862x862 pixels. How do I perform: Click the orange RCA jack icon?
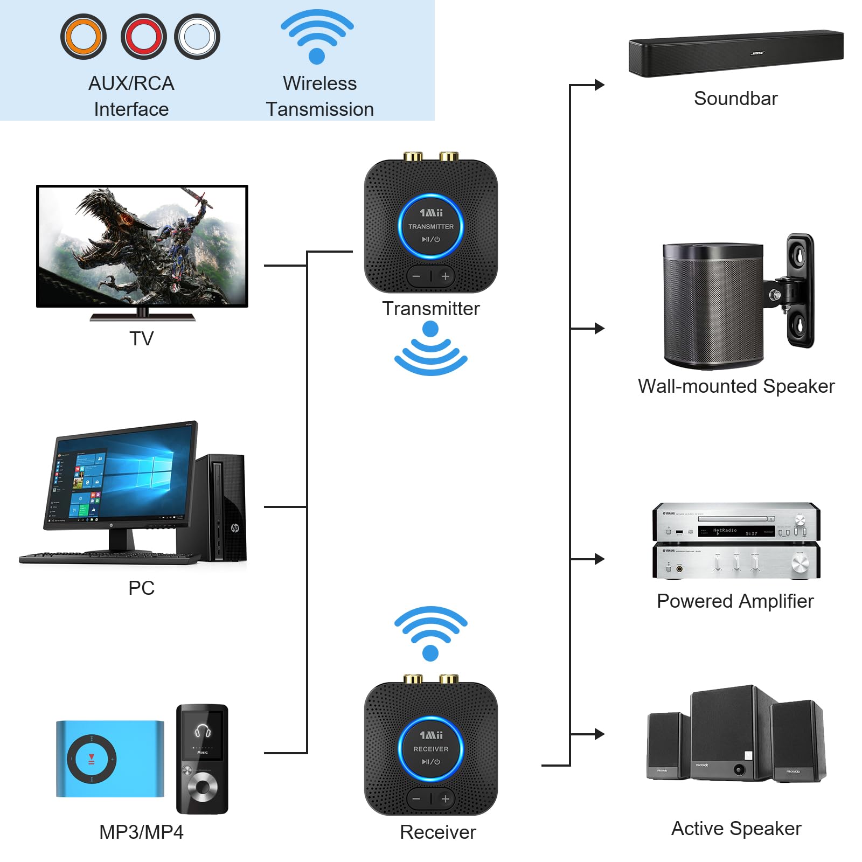[84, 37]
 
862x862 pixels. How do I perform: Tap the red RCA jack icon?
[144, 37]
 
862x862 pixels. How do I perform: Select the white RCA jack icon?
[197, 37]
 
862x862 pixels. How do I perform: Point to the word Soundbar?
[735, 99]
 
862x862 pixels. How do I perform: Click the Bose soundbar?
[735, 53]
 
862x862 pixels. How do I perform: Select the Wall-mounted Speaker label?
[736, 386]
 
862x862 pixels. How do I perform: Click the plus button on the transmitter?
[445, 276]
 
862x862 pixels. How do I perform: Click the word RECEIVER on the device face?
[430, 749]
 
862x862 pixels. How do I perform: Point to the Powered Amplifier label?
[735, 601]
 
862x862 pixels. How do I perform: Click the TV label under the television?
[142, 339]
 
